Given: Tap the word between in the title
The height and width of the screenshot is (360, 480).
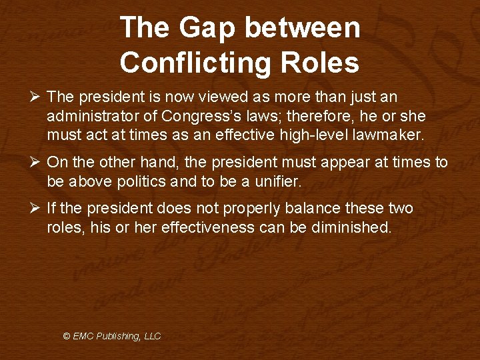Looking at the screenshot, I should click(x=303, y=28).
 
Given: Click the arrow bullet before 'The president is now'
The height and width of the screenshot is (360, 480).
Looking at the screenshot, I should click(x=37, y=97).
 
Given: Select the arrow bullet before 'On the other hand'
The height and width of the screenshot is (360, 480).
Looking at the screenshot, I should click(x=37, y=163).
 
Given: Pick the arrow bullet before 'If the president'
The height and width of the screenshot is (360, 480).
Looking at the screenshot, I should click(x=37, y=209).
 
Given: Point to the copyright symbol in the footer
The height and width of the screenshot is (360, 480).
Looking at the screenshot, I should click(x=67, y=337).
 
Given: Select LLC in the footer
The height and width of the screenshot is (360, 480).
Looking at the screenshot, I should click(x=153, y=337).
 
